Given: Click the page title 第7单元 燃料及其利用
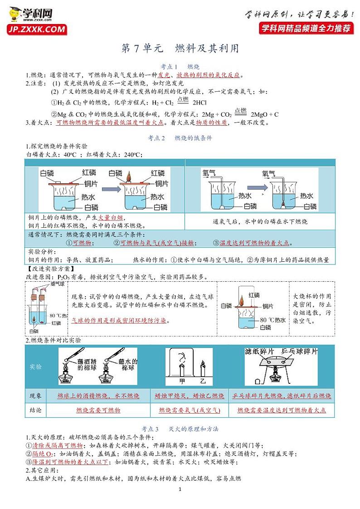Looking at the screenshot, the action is [x=180, y=49].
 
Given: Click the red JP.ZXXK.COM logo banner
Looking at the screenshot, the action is [x=36, y=30].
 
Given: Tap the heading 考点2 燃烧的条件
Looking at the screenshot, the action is [x=180, y=137].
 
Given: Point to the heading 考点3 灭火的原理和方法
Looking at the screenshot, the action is [x=180, y=428].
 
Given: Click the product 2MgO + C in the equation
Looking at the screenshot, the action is [x=264, y=114].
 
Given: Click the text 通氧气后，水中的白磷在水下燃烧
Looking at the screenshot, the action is [x=260, y=221].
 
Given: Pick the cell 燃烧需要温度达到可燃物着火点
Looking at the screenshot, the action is [x=282, y=410].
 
